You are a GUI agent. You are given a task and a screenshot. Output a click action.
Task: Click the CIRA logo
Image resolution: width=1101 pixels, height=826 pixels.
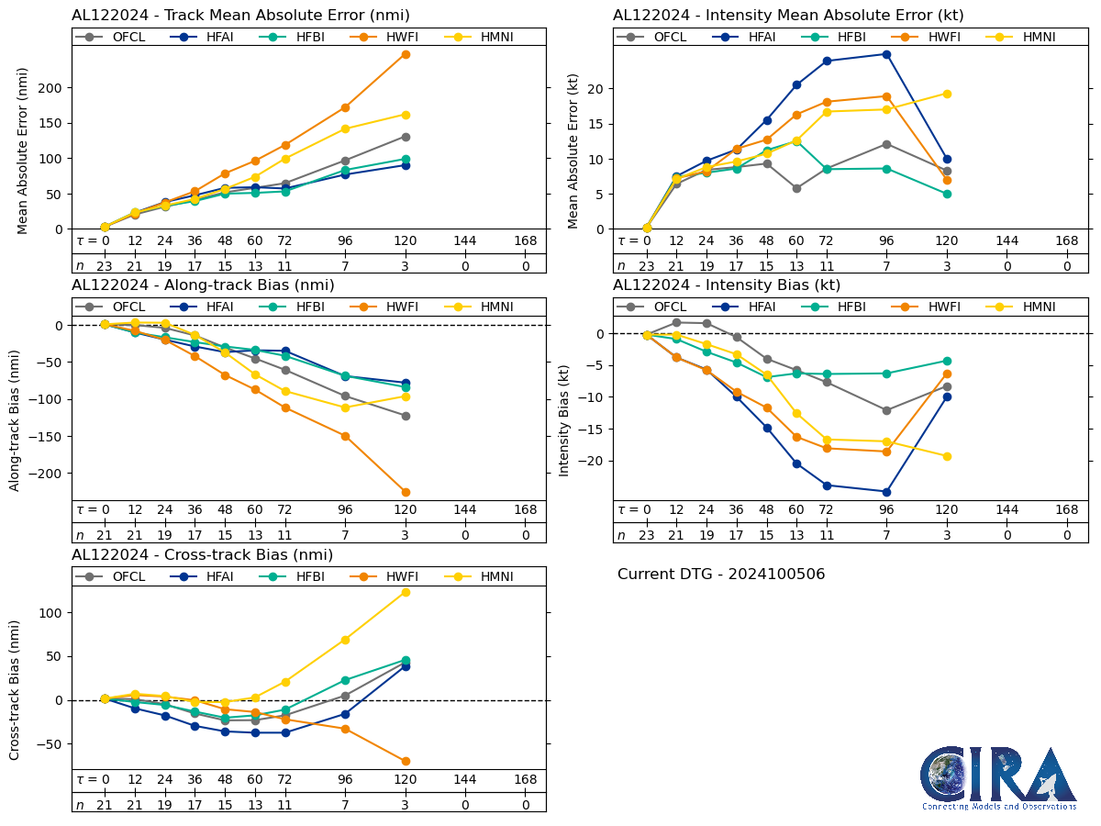click(998, 777)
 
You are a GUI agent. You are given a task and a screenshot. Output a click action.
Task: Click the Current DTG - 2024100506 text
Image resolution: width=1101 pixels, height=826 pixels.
click(721, 575)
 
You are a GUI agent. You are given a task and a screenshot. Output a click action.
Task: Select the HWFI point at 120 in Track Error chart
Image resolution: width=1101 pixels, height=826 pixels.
click(406, 54)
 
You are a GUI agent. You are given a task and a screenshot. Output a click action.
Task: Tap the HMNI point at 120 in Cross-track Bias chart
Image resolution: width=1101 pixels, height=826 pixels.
click(406, 592)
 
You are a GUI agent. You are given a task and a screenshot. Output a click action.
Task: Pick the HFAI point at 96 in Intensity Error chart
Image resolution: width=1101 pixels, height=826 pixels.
click(886, 54)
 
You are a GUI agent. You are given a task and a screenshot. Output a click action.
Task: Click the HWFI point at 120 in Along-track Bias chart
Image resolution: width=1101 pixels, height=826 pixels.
click(406, 492)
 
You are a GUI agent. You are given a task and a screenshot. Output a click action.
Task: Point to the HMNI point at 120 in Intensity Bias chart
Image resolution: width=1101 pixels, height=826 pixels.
click(947, 456)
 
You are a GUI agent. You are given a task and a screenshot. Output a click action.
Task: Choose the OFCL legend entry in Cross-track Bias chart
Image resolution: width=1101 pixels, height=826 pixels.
click(117, 576)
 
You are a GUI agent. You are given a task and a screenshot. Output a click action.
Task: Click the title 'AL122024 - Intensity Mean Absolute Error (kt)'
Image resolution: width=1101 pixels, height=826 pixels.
click(788, 16)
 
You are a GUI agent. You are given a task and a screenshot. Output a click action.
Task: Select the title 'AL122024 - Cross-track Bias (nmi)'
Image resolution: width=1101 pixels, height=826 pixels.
click(202, 555)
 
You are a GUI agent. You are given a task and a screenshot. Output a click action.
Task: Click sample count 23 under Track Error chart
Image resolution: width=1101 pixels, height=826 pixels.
click(105, 265)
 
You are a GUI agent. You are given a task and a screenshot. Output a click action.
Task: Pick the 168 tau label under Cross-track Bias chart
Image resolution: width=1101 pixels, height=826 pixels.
click(526, 779)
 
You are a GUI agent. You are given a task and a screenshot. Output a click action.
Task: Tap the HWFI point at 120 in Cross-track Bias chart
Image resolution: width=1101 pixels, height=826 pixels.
click(406, 761)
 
